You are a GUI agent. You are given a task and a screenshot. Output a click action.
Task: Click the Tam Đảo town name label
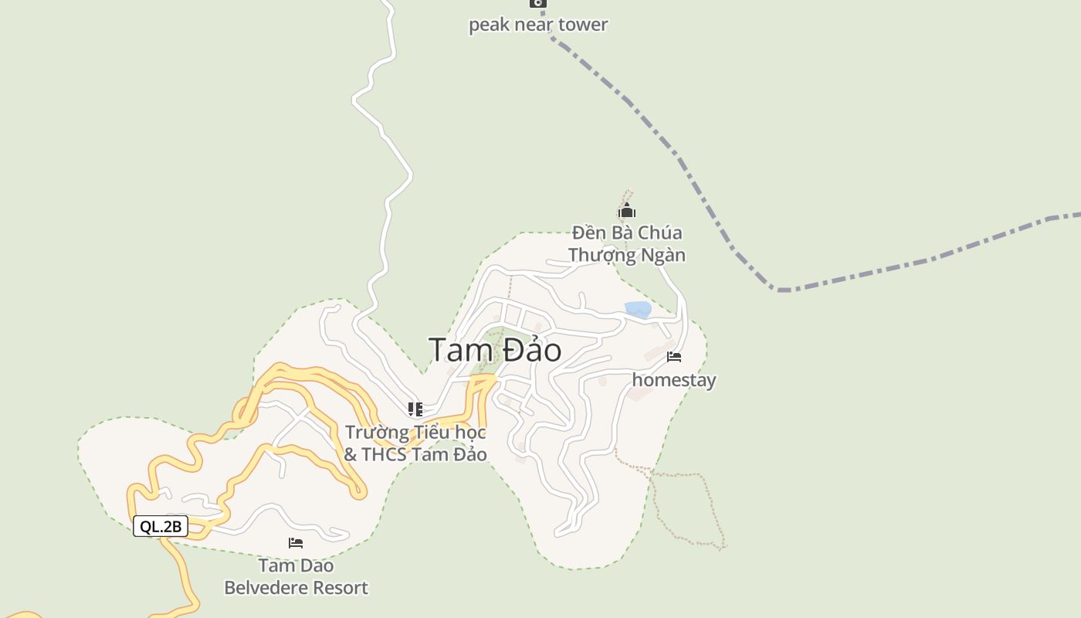495,350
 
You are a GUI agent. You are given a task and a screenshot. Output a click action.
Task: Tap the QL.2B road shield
161,527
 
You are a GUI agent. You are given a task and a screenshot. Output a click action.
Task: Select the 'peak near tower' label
538,25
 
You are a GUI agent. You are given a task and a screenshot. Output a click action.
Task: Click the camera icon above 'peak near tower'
537,3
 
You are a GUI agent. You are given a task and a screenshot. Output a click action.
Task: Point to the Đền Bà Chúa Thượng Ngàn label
627,243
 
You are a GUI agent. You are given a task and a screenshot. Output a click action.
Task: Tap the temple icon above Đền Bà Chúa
626,210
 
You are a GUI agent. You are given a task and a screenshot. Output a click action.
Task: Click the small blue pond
638,310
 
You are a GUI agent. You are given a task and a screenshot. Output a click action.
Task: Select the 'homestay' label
674,380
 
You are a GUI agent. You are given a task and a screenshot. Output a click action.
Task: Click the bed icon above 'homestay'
674,357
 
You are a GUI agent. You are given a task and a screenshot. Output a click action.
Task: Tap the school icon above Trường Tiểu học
415,409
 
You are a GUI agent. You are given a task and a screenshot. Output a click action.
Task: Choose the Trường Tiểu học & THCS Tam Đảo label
415,443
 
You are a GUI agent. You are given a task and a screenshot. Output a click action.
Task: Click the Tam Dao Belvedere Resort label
296,577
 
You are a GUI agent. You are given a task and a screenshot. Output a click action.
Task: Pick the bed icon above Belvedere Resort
296,543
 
